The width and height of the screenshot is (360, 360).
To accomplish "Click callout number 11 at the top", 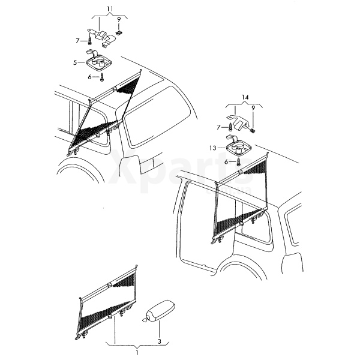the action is click(x=110, y=9).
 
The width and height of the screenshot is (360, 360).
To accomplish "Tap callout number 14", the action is click(x=245, y=97).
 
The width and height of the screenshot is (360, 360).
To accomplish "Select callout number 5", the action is click(x=75, y=62).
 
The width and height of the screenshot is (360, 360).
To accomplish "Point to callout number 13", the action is click(x=213, y=148).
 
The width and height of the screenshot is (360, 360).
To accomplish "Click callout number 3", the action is click(x=160, y=341).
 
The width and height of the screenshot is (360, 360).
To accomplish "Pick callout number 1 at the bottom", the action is click(x=137, y=352).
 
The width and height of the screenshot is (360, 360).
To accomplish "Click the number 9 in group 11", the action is click(x=119, y=20).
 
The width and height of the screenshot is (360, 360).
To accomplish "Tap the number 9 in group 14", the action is click(x=253, y=108).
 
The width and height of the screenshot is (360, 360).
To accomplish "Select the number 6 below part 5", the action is click(x=90, y=77).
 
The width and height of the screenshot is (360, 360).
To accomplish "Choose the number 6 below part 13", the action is click(x=226, y=162).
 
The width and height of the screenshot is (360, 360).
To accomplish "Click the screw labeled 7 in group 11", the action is click(x=89, y=41).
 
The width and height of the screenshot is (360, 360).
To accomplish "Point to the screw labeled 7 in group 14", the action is click(x=231, y=127).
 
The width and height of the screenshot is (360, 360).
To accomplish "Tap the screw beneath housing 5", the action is click(x=102, y=77).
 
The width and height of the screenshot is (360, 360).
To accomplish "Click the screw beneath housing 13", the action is click(x=239, y=162).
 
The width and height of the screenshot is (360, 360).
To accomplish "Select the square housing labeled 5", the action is click(x=98, y=61).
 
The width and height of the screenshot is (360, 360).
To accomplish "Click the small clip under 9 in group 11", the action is click(x=119, y=33).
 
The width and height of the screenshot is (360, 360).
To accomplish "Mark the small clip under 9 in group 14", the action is click(x=253, y=131).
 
